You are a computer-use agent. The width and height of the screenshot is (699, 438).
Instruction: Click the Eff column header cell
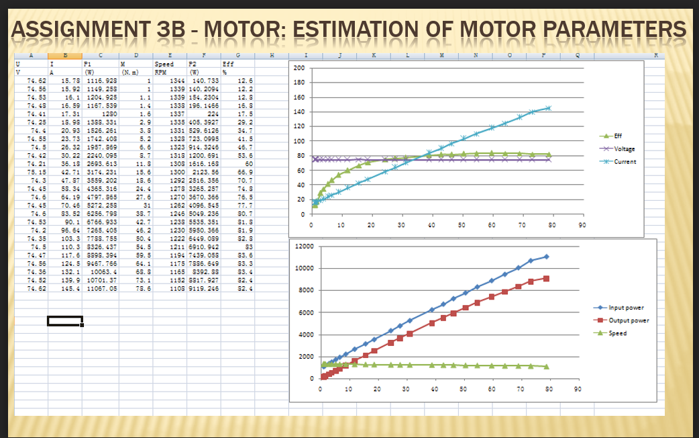[228, 64]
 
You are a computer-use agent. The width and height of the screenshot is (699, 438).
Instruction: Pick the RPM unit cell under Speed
[161, 71]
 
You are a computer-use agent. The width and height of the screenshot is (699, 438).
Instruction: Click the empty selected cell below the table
[64, 320]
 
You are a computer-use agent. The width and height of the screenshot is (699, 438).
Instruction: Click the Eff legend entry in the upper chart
[613, 136]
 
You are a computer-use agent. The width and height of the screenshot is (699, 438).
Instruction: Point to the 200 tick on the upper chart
[299, 69]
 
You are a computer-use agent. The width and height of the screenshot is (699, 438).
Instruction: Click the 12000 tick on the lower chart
[304, 247]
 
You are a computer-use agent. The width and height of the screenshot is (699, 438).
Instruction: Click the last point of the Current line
[548, 107]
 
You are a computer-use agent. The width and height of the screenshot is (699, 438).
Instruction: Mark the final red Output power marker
[547, 278]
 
